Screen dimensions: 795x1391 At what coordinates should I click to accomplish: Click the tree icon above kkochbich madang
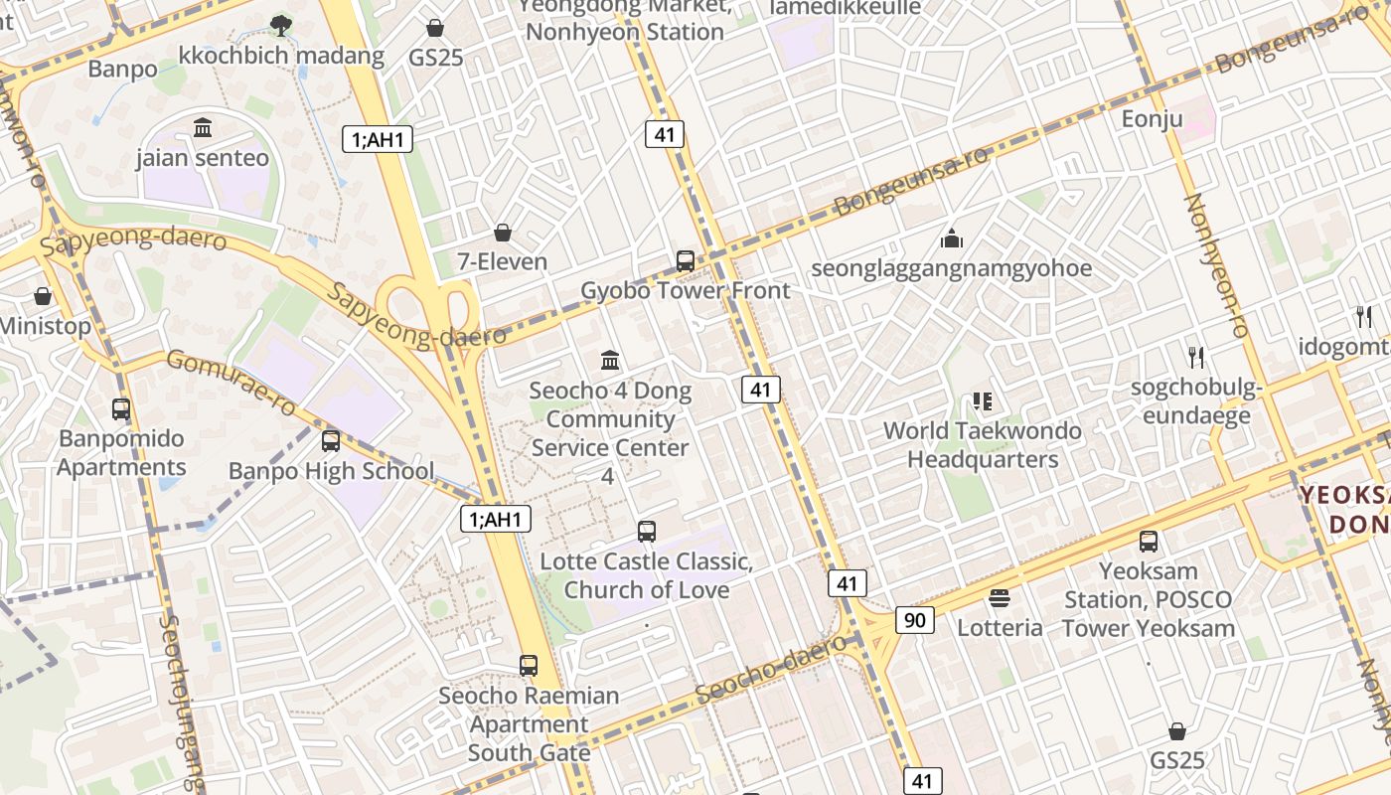[x=281, y=25]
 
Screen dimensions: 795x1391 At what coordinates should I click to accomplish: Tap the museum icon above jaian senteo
[x=204, y=127]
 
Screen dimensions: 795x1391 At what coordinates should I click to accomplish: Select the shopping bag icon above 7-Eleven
[x=503, y=233]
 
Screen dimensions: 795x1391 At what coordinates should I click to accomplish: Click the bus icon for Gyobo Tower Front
[x=686, y=261]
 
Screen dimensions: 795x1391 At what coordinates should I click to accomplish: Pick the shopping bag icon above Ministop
[x=43, y=296]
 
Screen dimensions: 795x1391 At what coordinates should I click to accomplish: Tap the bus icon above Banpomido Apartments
[x=121, y=408]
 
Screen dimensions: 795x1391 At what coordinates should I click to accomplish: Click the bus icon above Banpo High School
[x=331, y=441]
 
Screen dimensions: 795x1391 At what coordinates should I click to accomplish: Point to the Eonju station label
[x=1153, y=119]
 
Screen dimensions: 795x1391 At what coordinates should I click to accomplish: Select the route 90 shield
[x=914, y=620]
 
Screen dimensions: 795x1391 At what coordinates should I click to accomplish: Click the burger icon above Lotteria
[x=1000, y=598]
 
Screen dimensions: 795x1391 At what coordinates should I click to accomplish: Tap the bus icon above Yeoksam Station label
[x=1149, y=542]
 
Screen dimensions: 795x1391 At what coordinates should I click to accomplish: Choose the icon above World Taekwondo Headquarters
[x=983, y=401]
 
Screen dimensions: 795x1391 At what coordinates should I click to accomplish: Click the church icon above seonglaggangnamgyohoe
[x=952, y=238]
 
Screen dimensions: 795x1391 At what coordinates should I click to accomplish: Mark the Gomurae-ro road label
[x=232, y=382]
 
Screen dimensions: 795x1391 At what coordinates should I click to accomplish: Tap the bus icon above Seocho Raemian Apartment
[x=529, y=666]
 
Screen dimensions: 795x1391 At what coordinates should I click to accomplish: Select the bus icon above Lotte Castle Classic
[x=647, y=532]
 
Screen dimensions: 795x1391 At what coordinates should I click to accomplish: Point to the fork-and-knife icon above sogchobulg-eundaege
[x=1196, y=357]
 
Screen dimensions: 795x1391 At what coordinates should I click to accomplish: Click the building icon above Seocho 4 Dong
[x=610, y=360]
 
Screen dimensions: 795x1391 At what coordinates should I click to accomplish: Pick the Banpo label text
[x=122, y=69]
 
